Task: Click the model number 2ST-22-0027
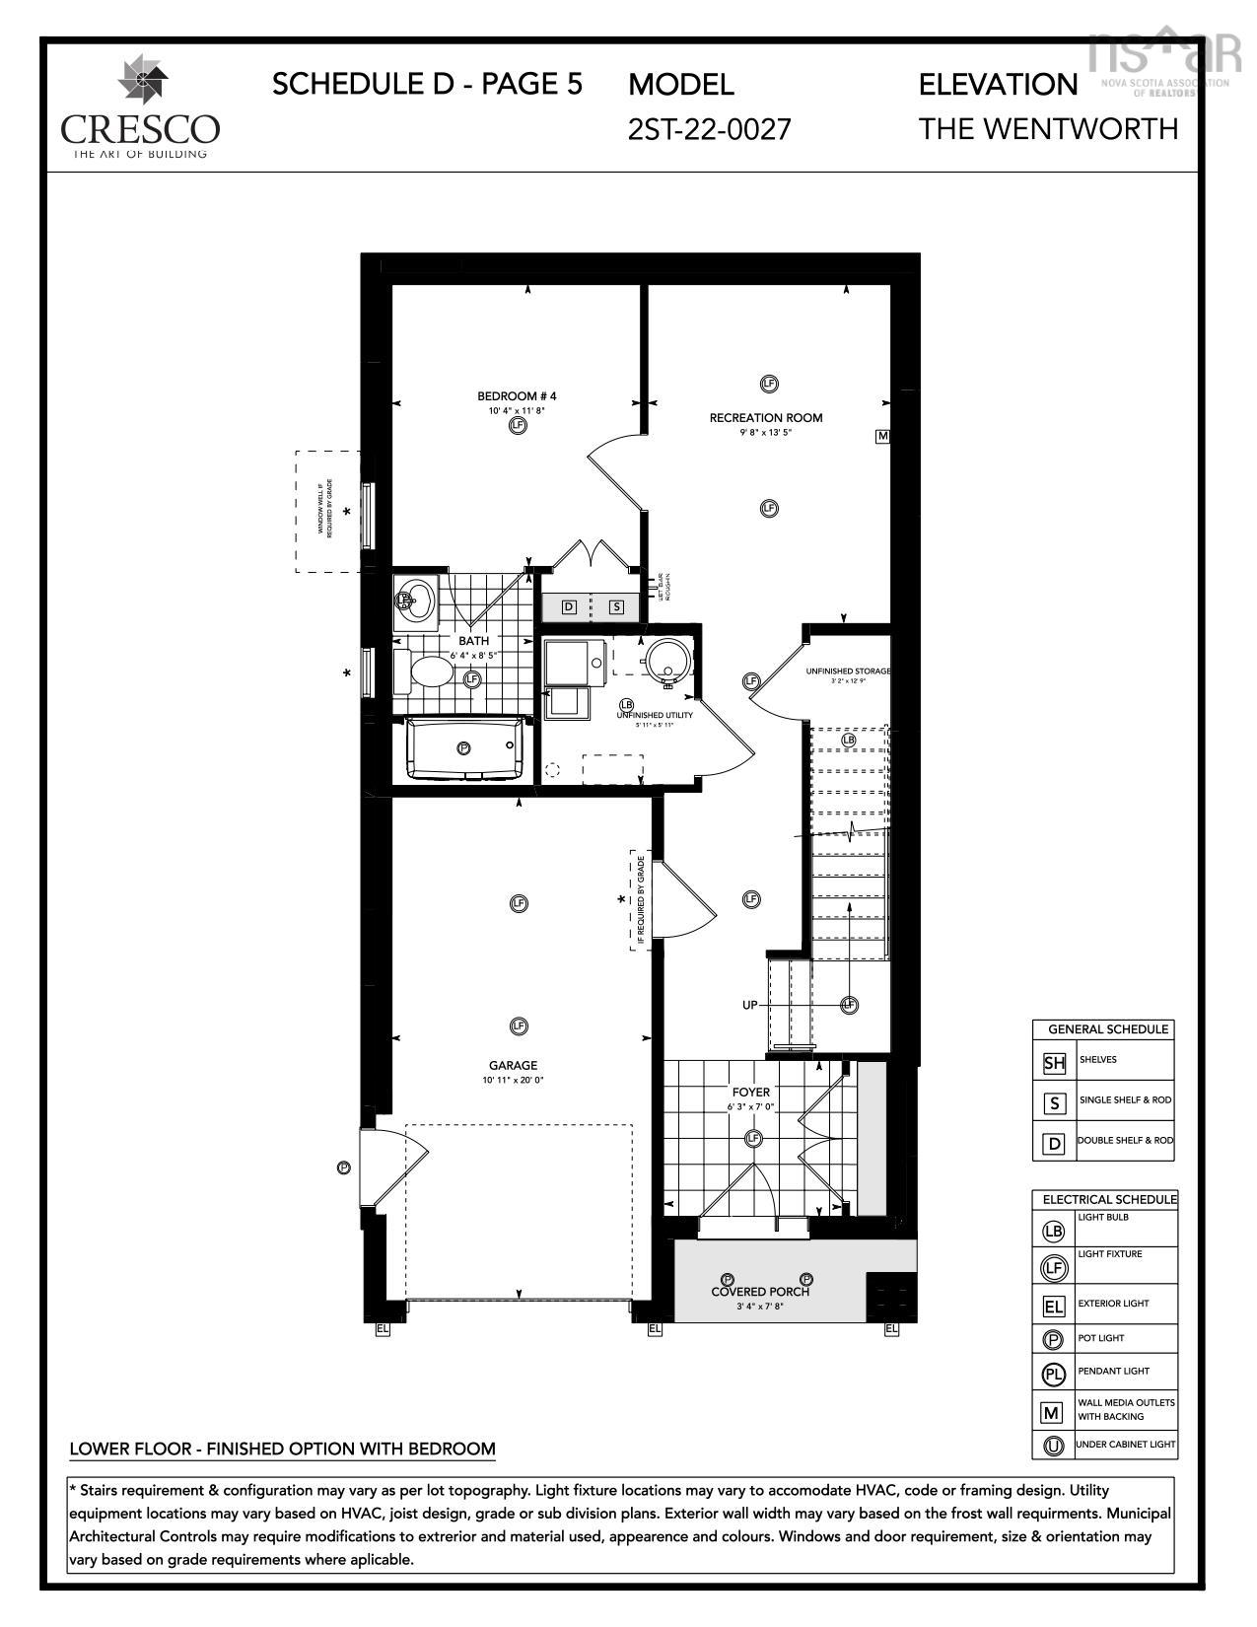(709, 129)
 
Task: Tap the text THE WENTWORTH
(1048, 129)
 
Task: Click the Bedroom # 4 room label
(517, 396)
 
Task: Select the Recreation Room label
(765, 418)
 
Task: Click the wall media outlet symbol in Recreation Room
(882, 436)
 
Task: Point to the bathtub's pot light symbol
(463, 748)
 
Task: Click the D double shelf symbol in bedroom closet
(569, 607)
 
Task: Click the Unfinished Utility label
(654, 716)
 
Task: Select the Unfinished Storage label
(847, 672)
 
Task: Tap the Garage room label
(513, 1065)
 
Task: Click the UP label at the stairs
(750, 1005)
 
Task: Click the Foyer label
(750, 1093)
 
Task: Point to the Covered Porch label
(760, 1292)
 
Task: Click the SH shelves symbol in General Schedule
(1054, 1063)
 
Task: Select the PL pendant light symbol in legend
(1053, 1374)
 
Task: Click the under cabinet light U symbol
(1053, 1447)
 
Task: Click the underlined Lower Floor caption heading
(282, 1449)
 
